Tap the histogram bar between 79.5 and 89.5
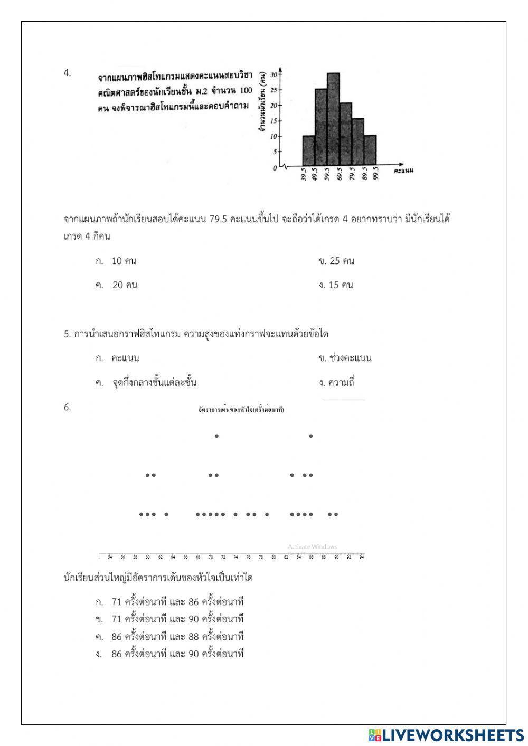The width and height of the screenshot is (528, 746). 358,141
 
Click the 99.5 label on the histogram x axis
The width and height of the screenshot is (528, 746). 376,175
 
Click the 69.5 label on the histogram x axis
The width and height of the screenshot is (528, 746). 340,175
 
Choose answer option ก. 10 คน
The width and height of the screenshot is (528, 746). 116,261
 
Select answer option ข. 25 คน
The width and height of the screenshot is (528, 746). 336,261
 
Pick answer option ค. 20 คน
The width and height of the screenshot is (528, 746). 117,285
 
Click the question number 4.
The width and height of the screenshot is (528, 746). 67,73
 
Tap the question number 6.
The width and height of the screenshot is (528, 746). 67,407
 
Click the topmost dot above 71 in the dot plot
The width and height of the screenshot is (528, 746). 216,436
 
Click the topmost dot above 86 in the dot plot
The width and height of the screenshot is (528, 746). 311,436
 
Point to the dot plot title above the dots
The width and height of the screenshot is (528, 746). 241,409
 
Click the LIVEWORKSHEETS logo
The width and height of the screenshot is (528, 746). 446,734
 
